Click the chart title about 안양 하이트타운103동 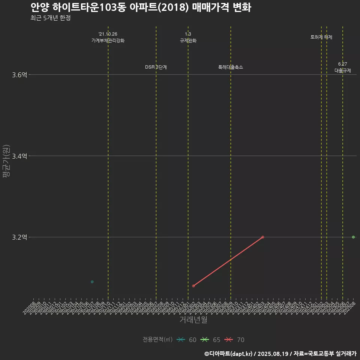tap(141, 7)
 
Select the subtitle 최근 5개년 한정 tap(51, 18)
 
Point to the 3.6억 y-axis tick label tap(19, 75)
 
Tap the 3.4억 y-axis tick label tap(19, 156)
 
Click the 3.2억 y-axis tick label tap(19, 237)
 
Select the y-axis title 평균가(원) tap(6, 161)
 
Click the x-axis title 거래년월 tap(193, 320)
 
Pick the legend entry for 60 tap(187, 340)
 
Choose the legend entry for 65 tap(211, 340)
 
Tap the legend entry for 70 tap(235, 340)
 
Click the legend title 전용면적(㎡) tap(157, 340)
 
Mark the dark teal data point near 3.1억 tap(92, 282)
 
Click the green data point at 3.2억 tap(353, 237)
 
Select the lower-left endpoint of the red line tap(193, 286)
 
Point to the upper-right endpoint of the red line tap(262, 237)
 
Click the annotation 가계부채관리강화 tap(108, 40)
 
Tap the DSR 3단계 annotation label tap(156, 67)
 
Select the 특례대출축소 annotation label tap(231, 67)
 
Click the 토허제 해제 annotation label tap(321, 37)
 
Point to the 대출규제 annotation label tap(343, 70)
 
